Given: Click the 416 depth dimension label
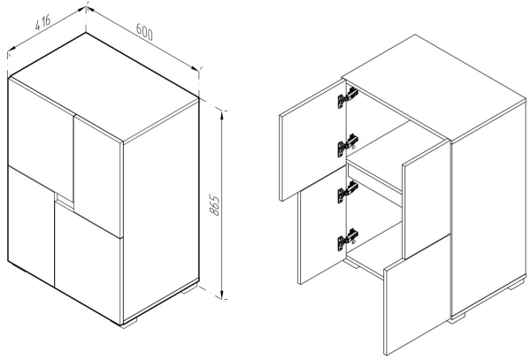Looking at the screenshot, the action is pyautogui.click(x=42, y=22).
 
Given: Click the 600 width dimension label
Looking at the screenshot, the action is pyautogui.click(x=144, y=32).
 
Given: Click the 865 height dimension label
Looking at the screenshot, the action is pyautogui.click(x=214, y=204).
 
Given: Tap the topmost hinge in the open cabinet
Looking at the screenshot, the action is pyautogui.click(x=348, y=97).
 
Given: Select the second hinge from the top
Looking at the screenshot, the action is pyautogui.click(x=348, y=145).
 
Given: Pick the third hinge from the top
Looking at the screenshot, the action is pyautogui.click(x=348, y=192).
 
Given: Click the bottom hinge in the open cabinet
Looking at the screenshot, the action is pyautogui.click(x=348, y=239).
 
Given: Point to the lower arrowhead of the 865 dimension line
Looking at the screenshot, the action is pyautogui.click(x=222, y=294).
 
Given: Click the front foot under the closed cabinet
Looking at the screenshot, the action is pyautogui.click(x=129, y=323).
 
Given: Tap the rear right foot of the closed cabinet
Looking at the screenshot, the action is pyautogui.click(x=189, y=288).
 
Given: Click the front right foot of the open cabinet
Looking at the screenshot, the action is pyautogui.click(x=456, y=318).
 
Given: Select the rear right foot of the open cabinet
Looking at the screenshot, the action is pyautogui.click(x=517, y=284).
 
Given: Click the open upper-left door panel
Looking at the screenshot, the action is pyautogui.click(x=312, y=140).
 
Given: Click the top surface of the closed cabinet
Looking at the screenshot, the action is pyautogui.click(x=104, y=87).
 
